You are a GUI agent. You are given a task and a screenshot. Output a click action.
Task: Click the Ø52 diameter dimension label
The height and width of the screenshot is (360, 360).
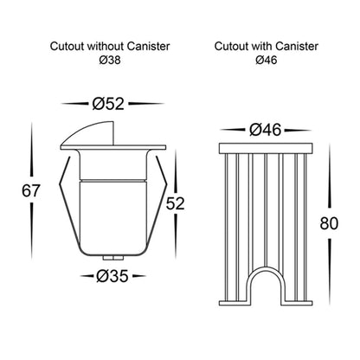(x=108, y=104)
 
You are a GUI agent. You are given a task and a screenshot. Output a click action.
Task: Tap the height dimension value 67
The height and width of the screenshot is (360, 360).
(x=30, y=190)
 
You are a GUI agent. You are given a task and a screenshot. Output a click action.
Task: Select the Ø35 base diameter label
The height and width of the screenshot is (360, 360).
(x=112, y=276)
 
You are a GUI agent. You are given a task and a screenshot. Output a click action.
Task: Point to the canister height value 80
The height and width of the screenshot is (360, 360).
(x=329, y=223)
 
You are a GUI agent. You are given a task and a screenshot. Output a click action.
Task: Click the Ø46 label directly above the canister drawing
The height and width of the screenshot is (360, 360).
(x=265, y=130)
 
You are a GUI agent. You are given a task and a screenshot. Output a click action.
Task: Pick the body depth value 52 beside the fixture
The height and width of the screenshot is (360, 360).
(x=175, y=203)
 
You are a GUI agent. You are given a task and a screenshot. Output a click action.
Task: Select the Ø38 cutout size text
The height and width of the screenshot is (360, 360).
(x=110, y=61)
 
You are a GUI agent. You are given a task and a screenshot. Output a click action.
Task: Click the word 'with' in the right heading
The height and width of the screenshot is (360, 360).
(x=262, y=46)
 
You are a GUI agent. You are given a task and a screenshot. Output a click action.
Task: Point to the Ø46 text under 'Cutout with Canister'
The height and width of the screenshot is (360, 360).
(x=267, y=60)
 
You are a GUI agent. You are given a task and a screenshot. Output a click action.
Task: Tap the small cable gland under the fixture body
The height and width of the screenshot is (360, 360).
(x=112, y=257)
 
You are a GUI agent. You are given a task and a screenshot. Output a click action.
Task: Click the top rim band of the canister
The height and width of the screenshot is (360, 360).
(x=266, y=149)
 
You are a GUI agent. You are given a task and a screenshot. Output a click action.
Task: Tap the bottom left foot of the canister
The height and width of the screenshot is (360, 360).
(x=234, y=303)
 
